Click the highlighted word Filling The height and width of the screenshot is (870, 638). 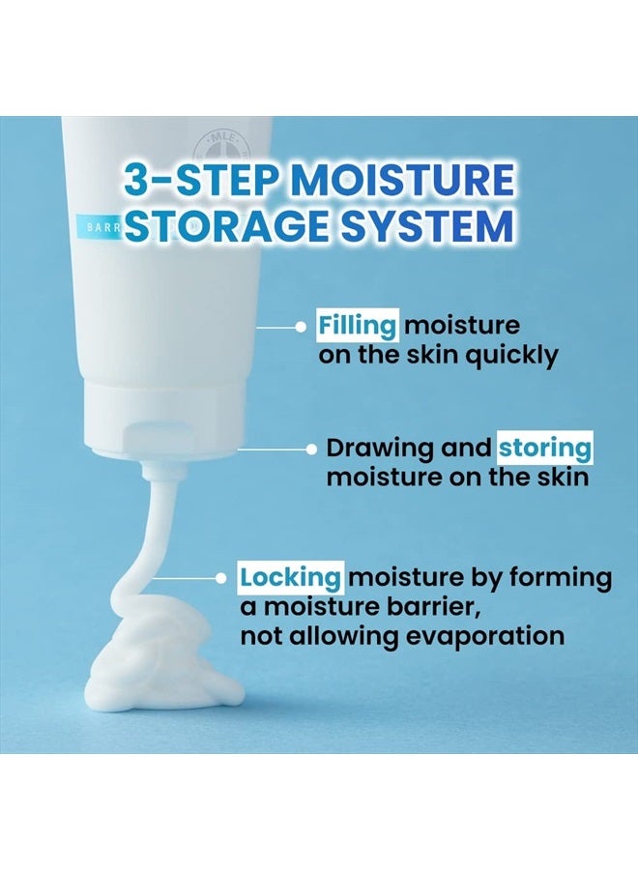coord(358,326)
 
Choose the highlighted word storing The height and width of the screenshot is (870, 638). coord(544,449)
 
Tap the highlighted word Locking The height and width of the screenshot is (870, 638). coord(291,578)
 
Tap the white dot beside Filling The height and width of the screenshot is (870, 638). coord(302,327)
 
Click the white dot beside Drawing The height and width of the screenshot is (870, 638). coord(311,449)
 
